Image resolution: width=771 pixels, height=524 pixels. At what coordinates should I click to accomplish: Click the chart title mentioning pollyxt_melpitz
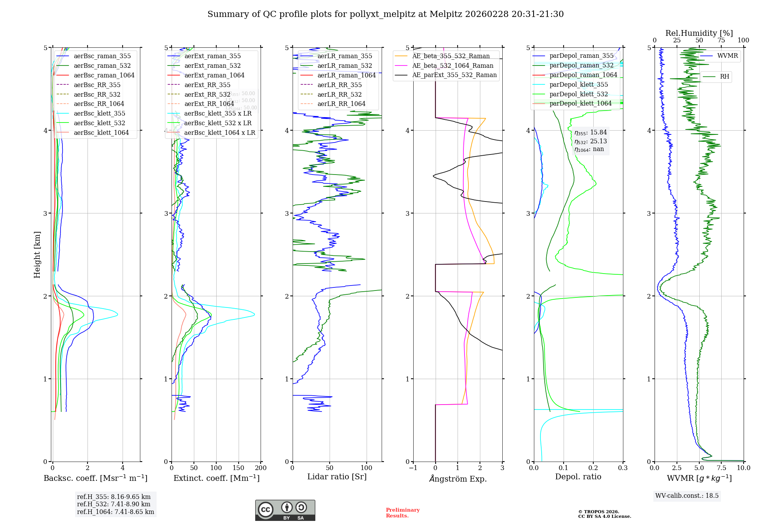point(385,14)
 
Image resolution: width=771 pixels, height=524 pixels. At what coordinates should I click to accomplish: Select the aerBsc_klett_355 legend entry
point(99,113)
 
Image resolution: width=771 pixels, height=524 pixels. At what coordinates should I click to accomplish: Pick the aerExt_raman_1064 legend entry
point(214,75)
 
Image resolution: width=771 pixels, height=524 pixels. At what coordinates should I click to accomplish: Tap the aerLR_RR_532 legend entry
point(339,94)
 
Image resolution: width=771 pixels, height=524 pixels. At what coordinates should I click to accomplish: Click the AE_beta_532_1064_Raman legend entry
point(453,65)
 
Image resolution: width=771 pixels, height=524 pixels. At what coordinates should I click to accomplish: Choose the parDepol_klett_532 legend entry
point(578,94)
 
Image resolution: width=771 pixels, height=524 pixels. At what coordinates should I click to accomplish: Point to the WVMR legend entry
point(727,56)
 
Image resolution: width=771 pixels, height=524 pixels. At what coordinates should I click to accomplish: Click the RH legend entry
point(724,77)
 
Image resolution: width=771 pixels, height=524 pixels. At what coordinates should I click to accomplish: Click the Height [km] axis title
point(37,255)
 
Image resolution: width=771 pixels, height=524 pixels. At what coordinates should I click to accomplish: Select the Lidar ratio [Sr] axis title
point(337,477)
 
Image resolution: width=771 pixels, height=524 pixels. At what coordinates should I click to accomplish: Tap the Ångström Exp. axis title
point(458,479)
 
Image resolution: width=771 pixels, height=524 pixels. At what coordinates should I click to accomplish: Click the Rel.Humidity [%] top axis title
point(699,33)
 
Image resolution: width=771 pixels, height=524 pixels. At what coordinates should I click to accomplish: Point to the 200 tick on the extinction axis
point(261,468)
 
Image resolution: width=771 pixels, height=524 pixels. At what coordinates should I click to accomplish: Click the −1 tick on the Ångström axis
point(413,468)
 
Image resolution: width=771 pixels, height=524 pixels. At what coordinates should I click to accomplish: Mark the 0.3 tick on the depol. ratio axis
point(623,468)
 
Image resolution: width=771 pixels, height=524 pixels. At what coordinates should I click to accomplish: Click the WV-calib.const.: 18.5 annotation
point(687,495)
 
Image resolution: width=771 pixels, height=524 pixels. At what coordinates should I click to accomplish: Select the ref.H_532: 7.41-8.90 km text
point(114,504)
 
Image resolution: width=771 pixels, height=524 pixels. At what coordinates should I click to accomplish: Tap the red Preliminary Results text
point(402,513)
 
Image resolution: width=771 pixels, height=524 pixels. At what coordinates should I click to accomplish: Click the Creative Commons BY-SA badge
point(285,510)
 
